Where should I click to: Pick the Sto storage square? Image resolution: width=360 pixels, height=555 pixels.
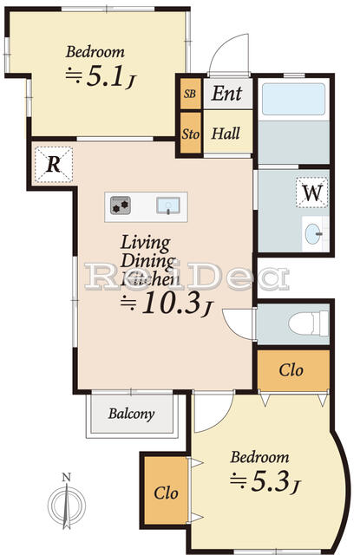click(190, 135)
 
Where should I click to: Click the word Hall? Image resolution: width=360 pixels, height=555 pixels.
click(226, 134)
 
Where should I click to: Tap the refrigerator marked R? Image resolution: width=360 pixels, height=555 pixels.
click(54, 165)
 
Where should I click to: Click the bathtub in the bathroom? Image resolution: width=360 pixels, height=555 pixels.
click(293, 99)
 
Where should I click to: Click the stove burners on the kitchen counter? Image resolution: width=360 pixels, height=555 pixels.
click(120, 206)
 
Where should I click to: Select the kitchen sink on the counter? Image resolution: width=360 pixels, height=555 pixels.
click(168, 206)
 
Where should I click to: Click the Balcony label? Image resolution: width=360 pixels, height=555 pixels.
click(131, 414)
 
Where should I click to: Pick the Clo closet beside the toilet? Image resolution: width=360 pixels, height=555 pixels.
click(291, 370)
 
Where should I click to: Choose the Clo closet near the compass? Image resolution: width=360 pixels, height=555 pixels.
click(166, 492)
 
